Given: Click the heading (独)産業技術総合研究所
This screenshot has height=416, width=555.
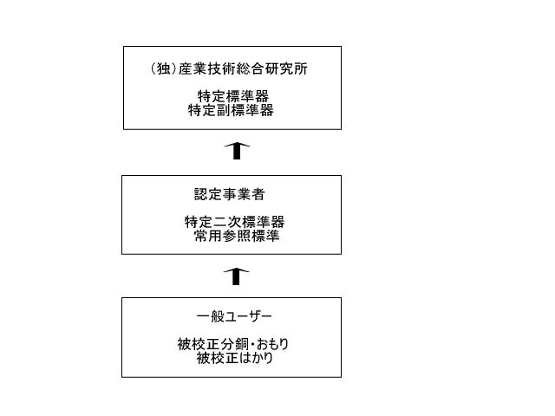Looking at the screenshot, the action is [x=229, y=68].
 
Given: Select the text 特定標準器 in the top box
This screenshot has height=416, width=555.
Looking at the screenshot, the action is [x=233, y=96].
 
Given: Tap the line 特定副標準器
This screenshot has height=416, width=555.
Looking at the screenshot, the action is [x=231, y=110].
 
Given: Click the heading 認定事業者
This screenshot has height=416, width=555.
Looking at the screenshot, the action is [x=229, y=194].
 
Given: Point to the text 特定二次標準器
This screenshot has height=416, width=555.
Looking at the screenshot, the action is [x=234, y=222].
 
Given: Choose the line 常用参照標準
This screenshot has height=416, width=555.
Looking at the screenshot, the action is [x=237, y=236].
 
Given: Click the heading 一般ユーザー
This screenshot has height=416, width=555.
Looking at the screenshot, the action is [x=234, y=315].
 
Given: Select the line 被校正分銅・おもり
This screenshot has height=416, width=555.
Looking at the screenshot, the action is [x=233, y=344].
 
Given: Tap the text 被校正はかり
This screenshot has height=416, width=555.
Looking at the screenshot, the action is [x=235, y=358].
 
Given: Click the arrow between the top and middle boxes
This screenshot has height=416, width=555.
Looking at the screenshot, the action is [x=237, y=151].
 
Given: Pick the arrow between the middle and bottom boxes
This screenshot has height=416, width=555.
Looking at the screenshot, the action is [x=236, y=276].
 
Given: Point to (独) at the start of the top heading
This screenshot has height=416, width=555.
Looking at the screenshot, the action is [x=164, y=68].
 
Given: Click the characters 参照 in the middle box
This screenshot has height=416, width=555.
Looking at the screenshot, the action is [x=237, y=236].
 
